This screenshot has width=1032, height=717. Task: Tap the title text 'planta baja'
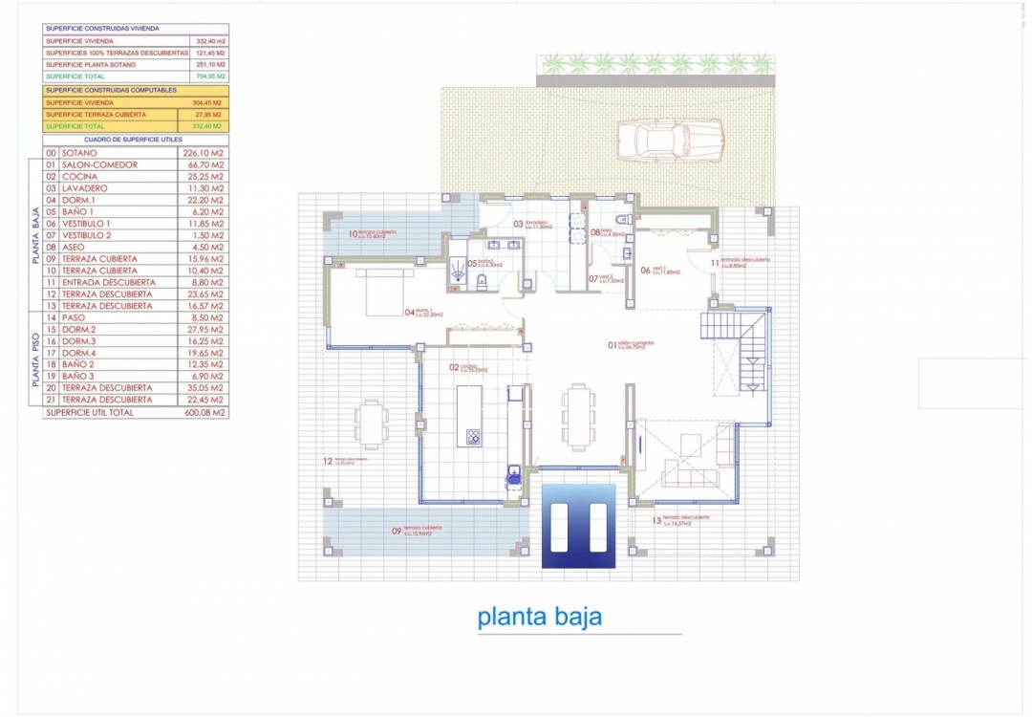540,617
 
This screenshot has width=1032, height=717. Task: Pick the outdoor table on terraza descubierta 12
371,424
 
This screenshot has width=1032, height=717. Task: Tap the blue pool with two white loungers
578,526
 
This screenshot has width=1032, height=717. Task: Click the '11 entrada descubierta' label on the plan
741,262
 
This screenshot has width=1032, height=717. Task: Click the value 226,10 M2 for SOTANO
204,152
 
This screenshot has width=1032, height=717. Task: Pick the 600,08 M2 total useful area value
204,413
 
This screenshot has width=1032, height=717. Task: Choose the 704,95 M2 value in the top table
209,76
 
